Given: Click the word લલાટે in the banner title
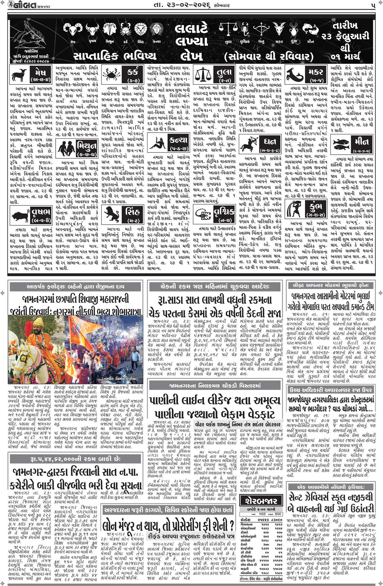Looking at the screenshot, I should (191, 29).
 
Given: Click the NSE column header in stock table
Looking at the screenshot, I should (262, 514).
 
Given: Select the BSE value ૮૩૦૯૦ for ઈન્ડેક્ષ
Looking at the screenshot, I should (277, 520).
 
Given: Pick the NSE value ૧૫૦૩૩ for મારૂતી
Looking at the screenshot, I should (264, 569).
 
